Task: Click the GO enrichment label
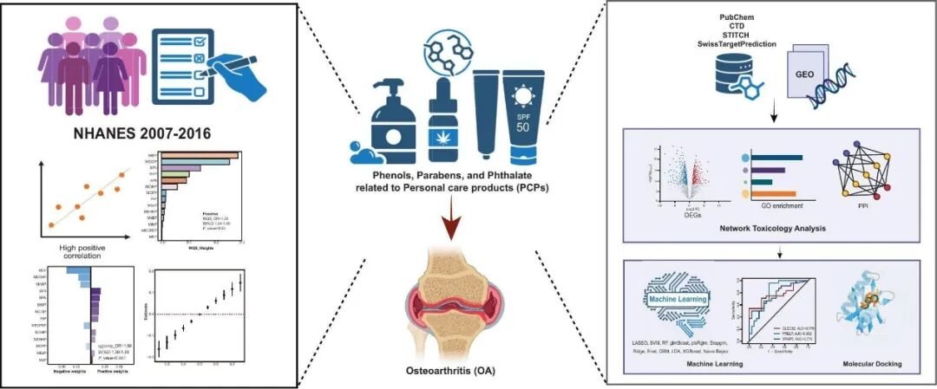[x=771, y=209]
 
